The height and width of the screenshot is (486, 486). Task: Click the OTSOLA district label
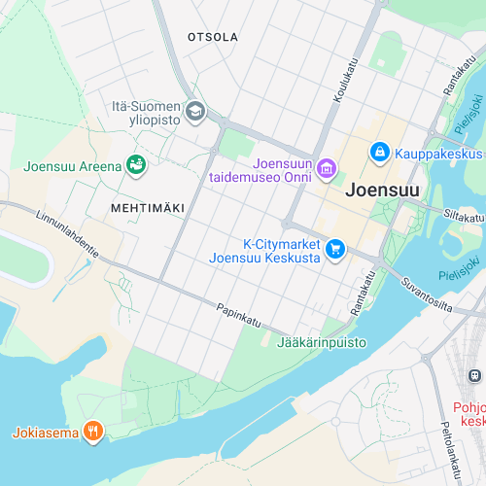tap(212, 37)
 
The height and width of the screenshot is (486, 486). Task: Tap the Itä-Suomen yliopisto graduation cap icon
tap(195, 111)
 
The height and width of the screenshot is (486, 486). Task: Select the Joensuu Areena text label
tap(73, 166)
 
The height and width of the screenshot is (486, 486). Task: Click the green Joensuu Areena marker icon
tap(136, 166)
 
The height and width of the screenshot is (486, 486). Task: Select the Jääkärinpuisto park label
tap(322, 342)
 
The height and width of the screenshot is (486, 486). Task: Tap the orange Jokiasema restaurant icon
tap(93, 432)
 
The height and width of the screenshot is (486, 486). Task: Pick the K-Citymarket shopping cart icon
tap(335, 250)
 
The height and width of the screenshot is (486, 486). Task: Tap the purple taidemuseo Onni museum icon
tap(328, 169)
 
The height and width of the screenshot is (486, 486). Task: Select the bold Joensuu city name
tap(382, 191)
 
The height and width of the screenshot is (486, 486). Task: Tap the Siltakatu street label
tap(464, 214)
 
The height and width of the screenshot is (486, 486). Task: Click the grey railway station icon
tap(474, 375)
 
